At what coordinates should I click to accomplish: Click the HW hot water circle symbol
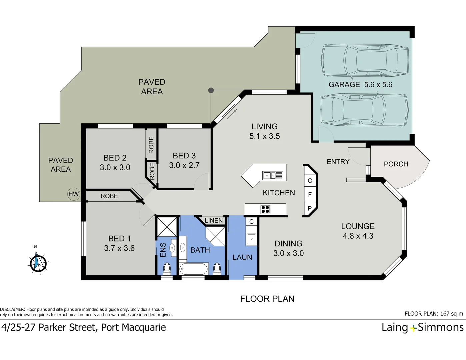pos(74,194)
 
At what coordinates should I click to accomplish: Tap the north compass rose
pos(38,263)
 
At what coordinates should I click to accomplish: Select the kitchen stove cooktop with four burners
pos(265,209)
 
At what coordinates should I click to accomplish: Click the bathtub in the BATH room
pos(193,269)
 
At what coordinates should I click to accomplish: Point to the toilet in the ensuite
pos(167,268)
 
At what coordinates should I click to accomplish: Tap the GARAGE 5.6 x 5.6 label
pos(360,85)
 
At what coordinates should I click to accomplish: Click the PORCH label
pos(396,164)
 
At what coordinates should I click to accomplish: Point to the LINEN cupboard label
pos(214,221)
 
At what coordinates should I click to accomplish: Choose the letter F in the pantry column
pos(310,194)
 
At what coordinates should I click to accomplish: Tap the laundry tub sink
pos(251,238)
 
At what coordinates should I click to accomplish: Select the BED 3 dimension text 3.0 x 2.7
pos(184,165)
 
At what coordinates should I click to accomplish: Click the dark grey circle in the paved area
pos(211,90)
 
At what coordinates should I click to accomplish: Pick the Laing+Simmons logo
pos(422,327)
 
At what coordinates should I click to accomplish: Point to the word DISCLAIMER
pos(12,309)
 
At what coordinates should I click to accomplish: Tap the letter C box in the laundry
pos(251,222)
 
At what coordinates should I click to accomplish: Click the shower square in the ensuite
pos(166,226)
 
